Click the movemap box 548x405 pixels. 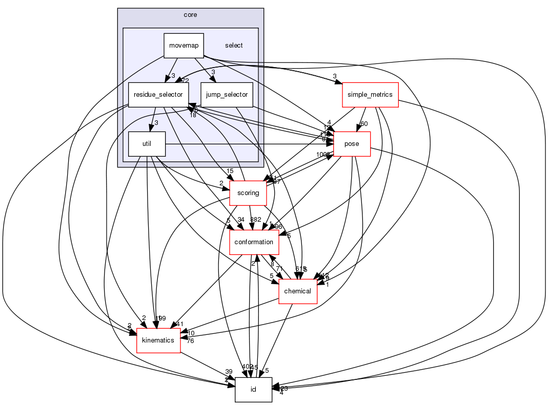[x=184, y=46]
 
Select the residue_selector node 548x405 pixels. [x=158, y=95]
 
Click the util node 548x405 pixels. [x=147, y=144]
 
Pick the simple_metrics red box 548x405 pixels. [x=370, y=95]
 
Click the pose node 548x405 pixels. [x=352, y=144]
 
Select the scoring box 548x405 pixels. [x=249, y=194]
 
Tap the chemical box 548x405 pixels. [x=297, y=291]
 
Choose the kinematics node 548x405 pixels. [x=158, y=340]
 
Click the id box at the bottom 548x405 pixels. [x=253, y=390]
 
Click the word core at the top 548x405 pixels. [x=190, y=14]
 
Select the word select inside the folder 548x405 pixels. [x=234, y=46]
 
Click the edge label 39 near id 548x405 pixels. [x=229, y=372]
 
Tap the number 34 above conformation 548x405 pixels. [x=241, y=220]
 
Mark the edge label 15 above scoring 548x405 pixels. [x=230, y=171]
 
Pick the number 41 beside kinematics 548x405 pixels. [x=179, y=324]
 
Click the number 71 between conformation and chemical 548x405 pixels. [x=279, y=269]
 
